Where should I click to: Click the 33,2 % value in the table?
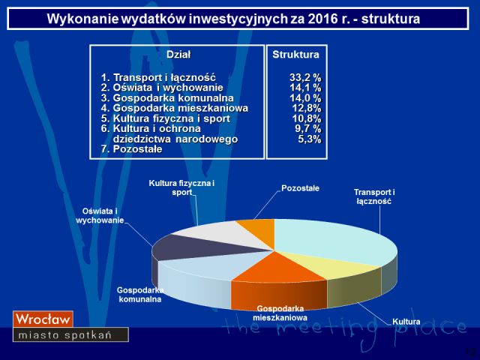pyautogui.click(x=305, y=77)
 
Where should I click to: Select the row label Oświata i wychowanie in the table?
pyautogui.click(x=162, y=88)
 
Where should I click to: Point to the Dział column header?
pyautogui.click(x=178, y=55)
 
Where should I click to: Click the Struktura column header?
pyautogui.click(x=295, y=55)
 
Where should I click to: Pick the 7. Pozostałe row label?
pyautogui.click(x=132, y=149)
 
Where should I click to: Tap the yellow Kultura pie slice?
pyautogui.click(x=331, y=265)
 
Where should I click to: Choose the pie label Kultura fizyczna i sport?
pyautogui.click(x=181, y=187)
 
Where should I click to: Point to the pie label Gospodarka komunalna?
pyautogui.click(x=140, y=295)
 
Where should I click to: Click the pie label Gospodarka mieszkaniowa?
pyautogui.click(x=280, y=313)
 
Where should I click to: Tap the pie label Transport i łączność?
pyautogui.click(x=374, y=196)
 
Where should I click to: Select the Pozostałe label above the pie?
pyautogui.click(x=300, y=188)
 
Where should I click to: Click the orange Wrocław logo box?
pyautogui.click(x=43, y=319)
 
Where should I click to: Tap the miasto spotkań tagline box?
pyautogui.click(x=70, y=334)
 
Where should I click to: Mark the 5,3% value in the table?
pyautogui.click(x=310, y=139)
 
